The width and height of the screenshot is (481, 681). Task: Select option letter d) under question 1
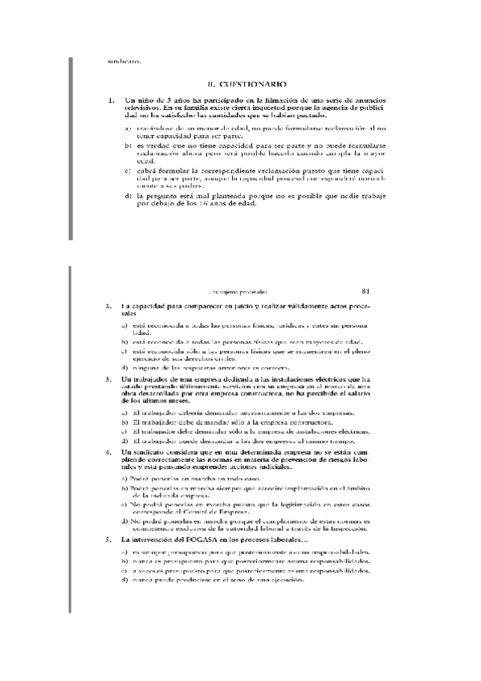pyautogui.click(x=128, y=196)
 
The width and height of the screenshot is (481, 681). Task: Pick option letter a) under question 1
pyautogui.click(x=128, y=128)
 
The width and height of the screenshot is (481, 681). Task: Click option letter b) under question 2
pyautogui.click(x=124, y=341)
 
